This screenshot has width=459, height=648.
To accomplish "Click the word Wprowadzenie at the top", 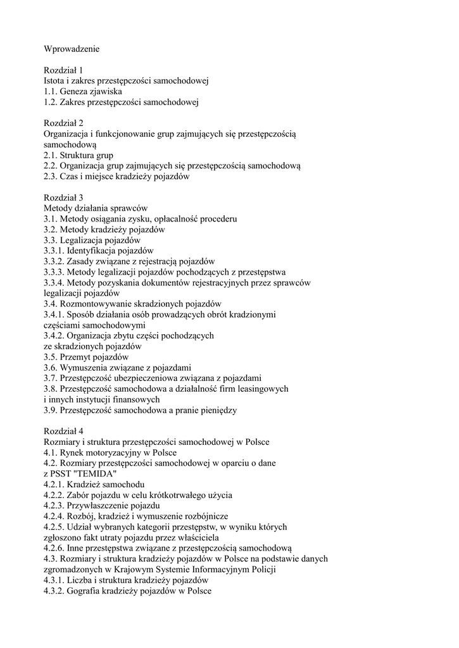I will coord(72,48).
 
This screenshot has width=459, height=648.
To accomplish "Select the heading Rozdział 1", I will coord(63,70).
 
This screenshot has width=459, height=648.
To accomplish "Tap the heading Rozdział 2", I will coord(63,123).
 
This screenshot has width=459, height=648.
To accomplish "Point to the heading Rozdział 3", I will coord(63,197).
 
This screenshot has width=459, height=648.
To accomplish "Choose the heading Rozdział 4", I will coord(63,431).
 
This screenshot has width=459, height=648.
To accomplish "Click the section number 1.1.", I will coord(51,91).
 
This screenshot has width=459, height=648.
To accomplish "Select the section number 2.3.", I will coord(51,177).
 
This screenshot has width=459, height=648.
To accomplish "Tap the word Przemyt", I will coord(79,357).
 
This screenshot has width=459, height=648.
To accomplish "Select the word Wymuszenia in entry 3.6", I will coord(87,368).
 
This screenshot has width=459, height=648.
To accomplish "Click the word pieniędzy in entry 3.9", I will coord(216,410).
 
